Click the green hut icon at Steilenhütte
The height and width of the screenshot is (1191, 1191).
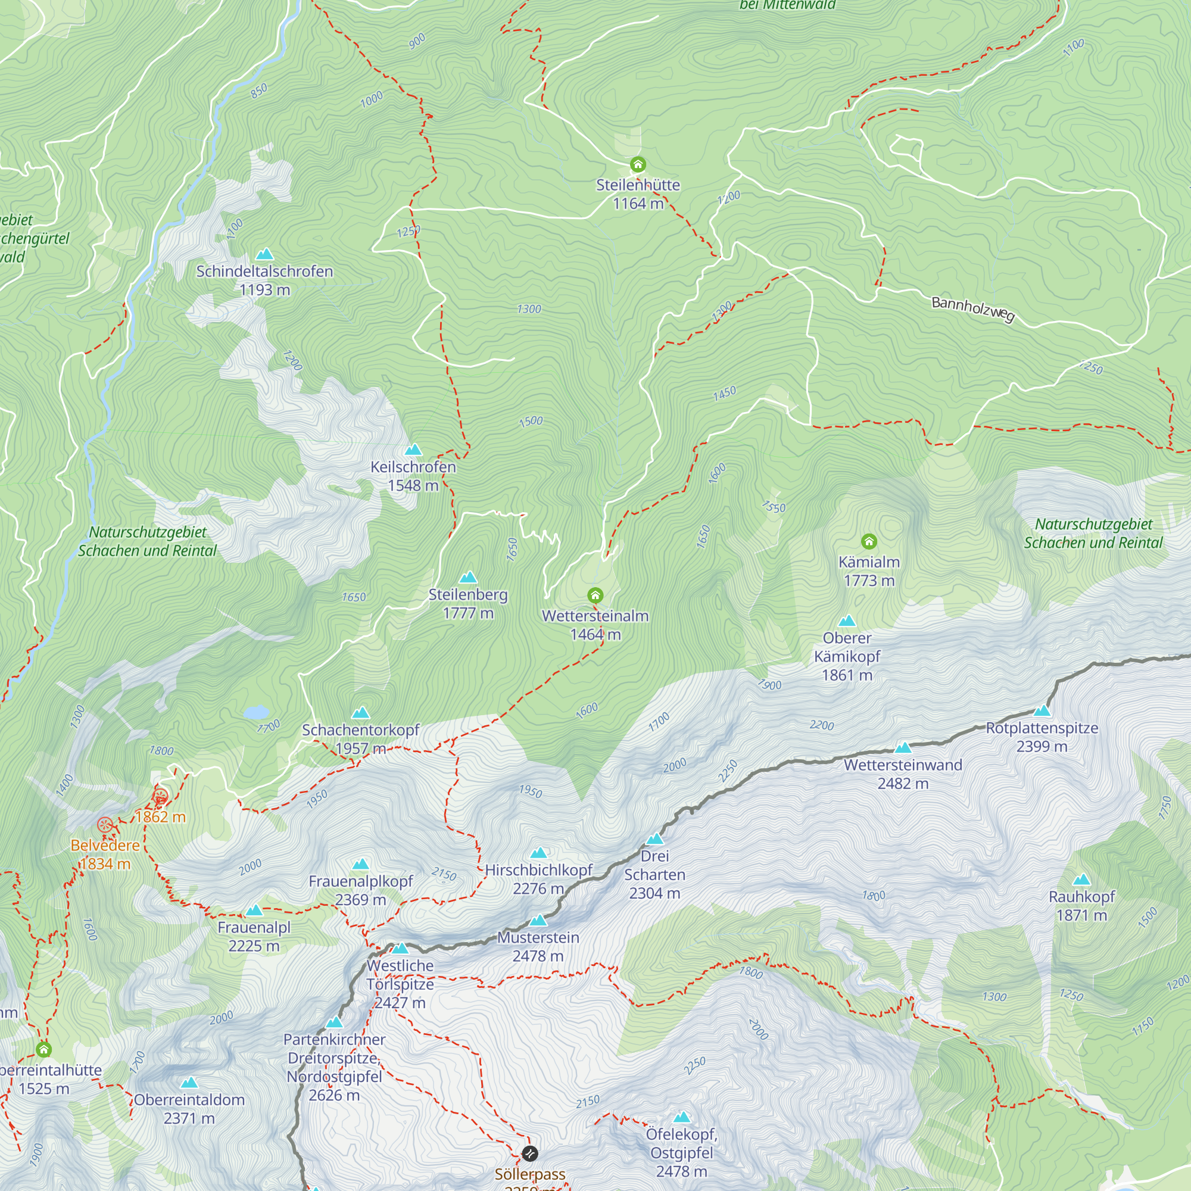(x=637, y=164)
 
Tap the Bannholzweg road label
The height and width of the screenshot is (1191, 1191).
(x=972, y=308)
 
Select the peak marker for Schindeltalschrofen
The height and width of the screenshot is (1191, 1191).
(x=264, y=254)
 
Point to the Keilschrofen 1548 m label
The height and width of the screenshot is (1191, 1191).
(x=413, y=476)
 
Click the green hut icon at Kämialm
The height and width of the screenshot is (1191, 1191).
(x=869, y=541)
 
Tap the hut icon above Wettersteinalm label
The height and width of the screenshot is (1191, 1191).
(x=595, y=595)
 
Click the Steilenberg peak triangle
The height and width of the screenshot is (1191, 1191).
(x=468, y=578)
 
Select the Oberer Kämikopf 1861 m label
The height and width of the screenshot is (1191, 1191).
(x=847, y=656)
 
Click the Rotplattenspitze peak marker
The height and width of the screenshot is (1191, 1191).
(x=1042, y=710)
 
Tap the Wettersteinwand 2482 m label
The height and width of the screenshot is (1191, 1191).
(x=903, y=774)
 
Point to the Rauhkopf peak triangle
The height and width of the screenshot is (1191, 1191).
(x=1081, y=880)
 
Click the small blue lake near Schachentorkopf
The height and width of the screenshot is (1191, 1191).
(x=256, y=713)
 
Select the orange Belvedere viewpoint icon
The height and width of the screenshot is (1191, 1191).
(x=105, y=824)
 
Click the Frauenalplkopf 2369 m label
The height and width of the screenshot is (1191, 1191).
(x=361, y=890)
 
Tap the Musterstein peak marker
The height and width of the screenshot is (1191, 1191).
(x=538, y=921)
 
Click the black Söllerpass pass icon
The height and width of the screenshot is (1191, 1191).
(x=529, y=1153)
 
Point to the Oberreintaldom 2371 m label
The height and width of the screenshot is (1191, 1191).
(x=189, y=1108)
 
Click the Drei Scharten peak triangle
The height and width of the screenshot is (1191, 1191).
(x=654, y=839)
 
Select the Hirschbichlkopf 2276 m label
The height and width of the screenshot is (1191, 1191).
(x=538, y=878)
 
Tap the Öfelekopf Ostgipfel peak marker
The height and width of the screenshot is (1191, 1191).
(x=681, y=1117)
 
